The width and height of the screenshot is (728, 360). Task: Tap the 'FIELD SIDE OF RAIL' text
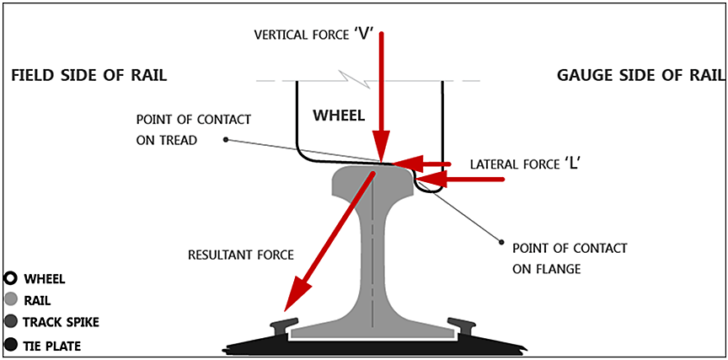pos(88,76)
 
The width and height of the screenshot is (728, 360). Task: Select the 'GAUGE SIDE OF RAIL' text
pos(640,76)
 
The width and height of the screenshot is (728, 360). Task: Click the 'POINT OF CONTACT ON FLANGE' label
pos(569,259)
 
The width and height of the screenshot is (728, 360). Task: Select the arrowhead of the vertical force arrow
pos(382,152)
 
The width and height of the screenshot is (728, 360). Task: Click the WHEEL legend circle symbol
pos(11,279)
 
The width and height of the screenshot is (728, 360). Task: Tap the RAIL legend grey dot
pos(11,300)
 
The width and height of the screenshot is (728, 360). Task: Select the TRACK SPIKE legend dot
pos(11,321)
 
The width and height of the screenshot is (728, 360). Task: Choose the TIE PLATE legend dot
pos(11,344)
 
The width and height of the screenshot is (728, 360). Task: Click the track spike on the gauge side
pos(462,325)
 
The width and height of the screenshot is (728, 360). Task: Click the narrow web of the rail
pos(372,253)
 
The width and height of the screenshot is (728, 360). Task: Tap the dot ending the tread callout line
pos(225,140)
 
